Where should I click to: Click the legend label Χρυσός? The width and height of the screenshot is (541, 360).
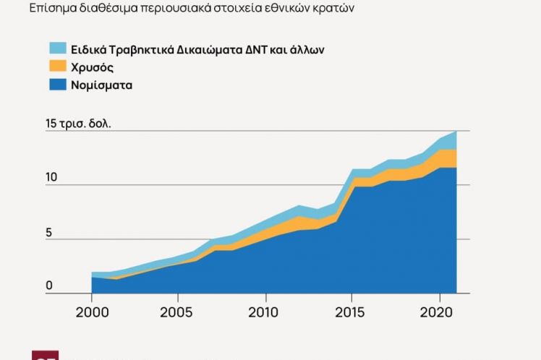pyautogui.click(x=93, y=67)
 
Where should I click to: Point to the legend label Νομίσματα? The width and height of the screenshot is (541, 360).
pyautogui.click(x=102, y=85)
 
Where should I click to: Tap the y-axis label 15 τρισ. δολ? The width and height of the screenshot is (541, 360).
pyautogui.click(x=78, y=124)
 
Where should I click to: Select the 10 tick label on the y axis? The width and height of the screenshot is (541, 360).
pyautogui.click(x=51, y=179)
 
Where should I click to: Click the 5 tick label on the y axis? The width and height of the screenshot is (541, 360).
pyautogui.click(x=50, y=233)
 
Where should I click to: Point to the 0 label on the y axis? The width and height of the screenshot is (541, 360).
pyautogui.click(x=49, y=286)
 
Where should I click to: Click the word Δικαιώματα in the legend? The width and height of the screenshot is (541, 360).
pyautogui.click(x=210, y=49)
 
